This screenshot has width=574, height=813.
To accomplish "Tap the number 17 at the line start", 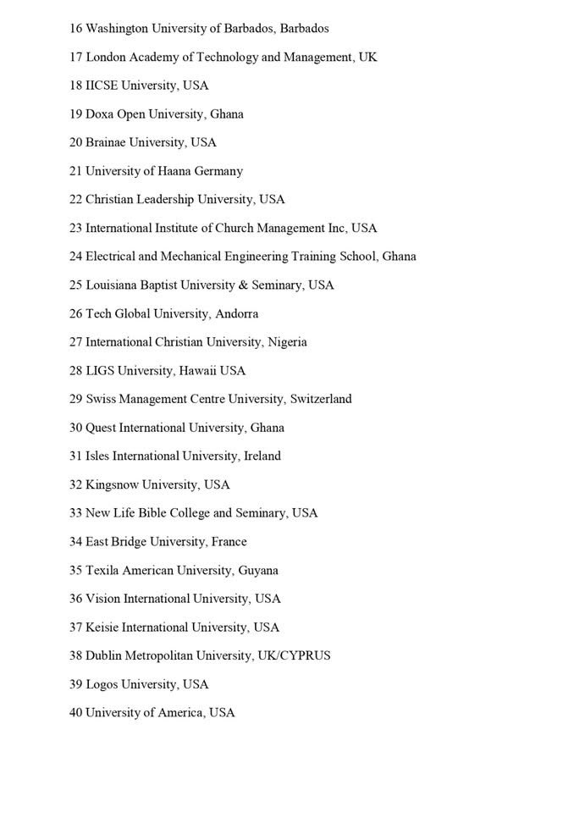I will [x=75, y=58].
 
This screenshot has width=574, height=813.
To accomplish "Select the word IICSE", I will [x=102, y=86].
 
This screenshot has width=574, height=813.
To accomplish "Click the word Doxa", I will [x=99, y=114].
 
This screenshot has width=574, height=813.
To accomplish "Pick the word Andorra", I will [x=237, y=314].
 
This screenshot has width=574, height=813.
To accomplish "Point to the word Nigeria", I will [x=287, y=342].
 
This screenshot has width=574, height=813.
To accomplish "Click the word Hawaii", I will [x=197, y=371].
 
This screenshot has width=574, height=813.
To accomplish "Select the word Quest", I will [x=100, y=428].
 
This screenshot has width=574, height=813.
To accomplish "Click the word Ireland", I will [x=262, y=456].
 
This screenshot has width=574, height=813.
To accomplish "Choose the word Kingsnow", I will [x=112, y=485].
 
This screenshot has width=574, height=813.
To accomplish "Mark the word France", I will [x=229, y=542].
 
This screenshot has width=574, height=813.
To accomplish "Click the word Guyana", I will [x=258, y=571].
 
